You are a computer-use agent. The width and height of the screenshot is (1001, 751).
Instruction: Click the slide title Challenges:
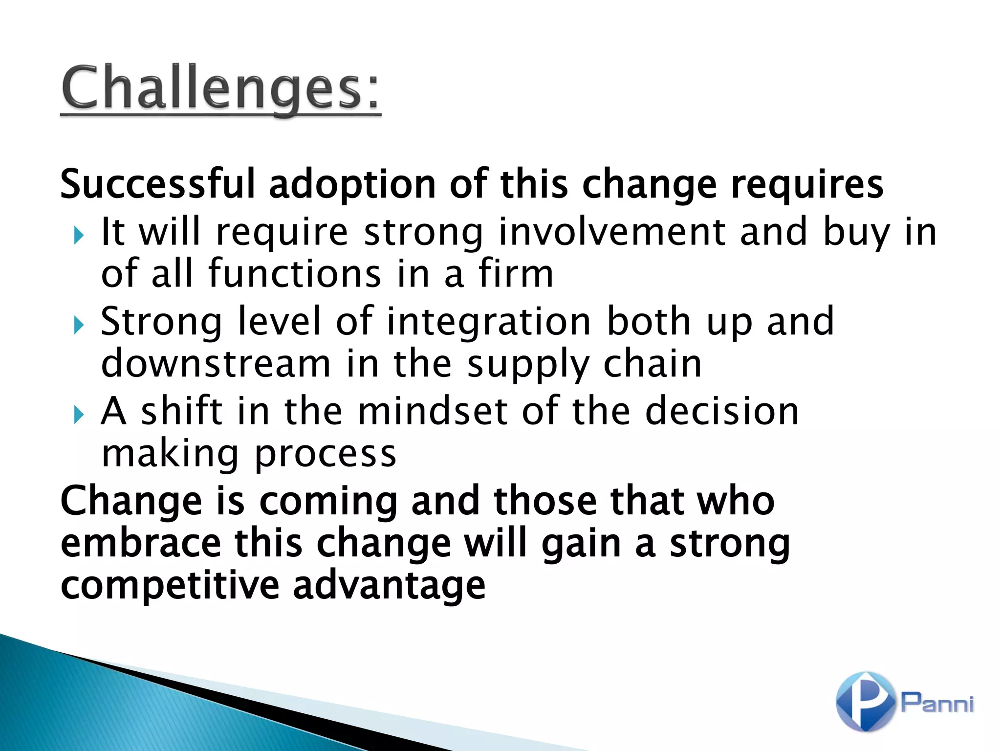[220, 88]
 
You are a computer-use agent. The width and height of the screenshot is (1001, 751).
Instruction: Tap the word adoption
[352, 185]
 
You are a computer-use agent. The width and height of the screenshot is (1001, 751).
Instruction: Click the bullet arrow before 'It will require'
[79, 236]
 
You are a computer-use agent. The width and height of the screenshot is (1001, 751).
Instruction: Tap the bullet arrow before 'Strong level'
[79, 325]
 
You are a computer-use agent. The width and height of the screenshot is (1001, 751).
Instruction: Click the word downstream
[216, 364]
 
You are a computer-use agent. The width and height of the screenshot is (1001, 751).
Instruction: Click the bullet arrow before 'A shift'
[79, 415]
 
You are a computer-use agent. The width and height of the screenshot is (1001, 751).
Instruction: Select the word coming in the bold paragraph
[327, 502]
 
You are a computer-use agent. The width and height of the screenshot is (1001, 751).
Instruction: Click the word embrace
[141, 543]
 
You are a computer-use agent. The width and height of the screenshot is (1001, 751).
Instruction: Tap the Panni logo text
[937, 703]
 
